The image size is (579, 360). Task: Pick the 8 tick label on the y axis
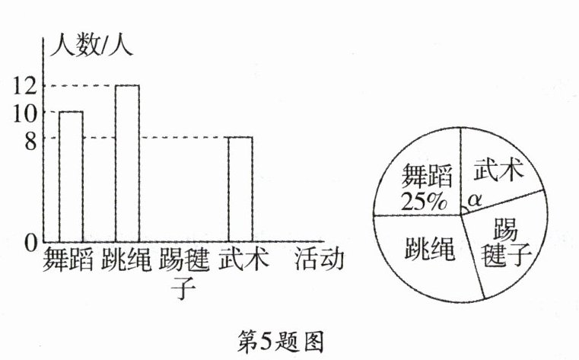pyautogui.click(x=28, y=139)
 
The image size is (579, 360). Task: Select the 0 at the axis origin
pyautogui.click(x=29, y=244)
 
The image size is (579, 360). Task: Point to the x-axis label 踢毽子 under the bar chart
pyautogui.click(x=182, y=272)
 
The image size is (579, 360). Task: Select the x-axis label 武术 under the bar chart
pyautogui.click(x=240, y=260)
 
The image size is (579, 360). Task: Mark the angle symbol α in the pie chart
pyautogui.click(x=474, y=199)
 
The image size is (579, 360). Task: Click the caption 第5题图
pyautogui.click(x=282, y=341)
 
